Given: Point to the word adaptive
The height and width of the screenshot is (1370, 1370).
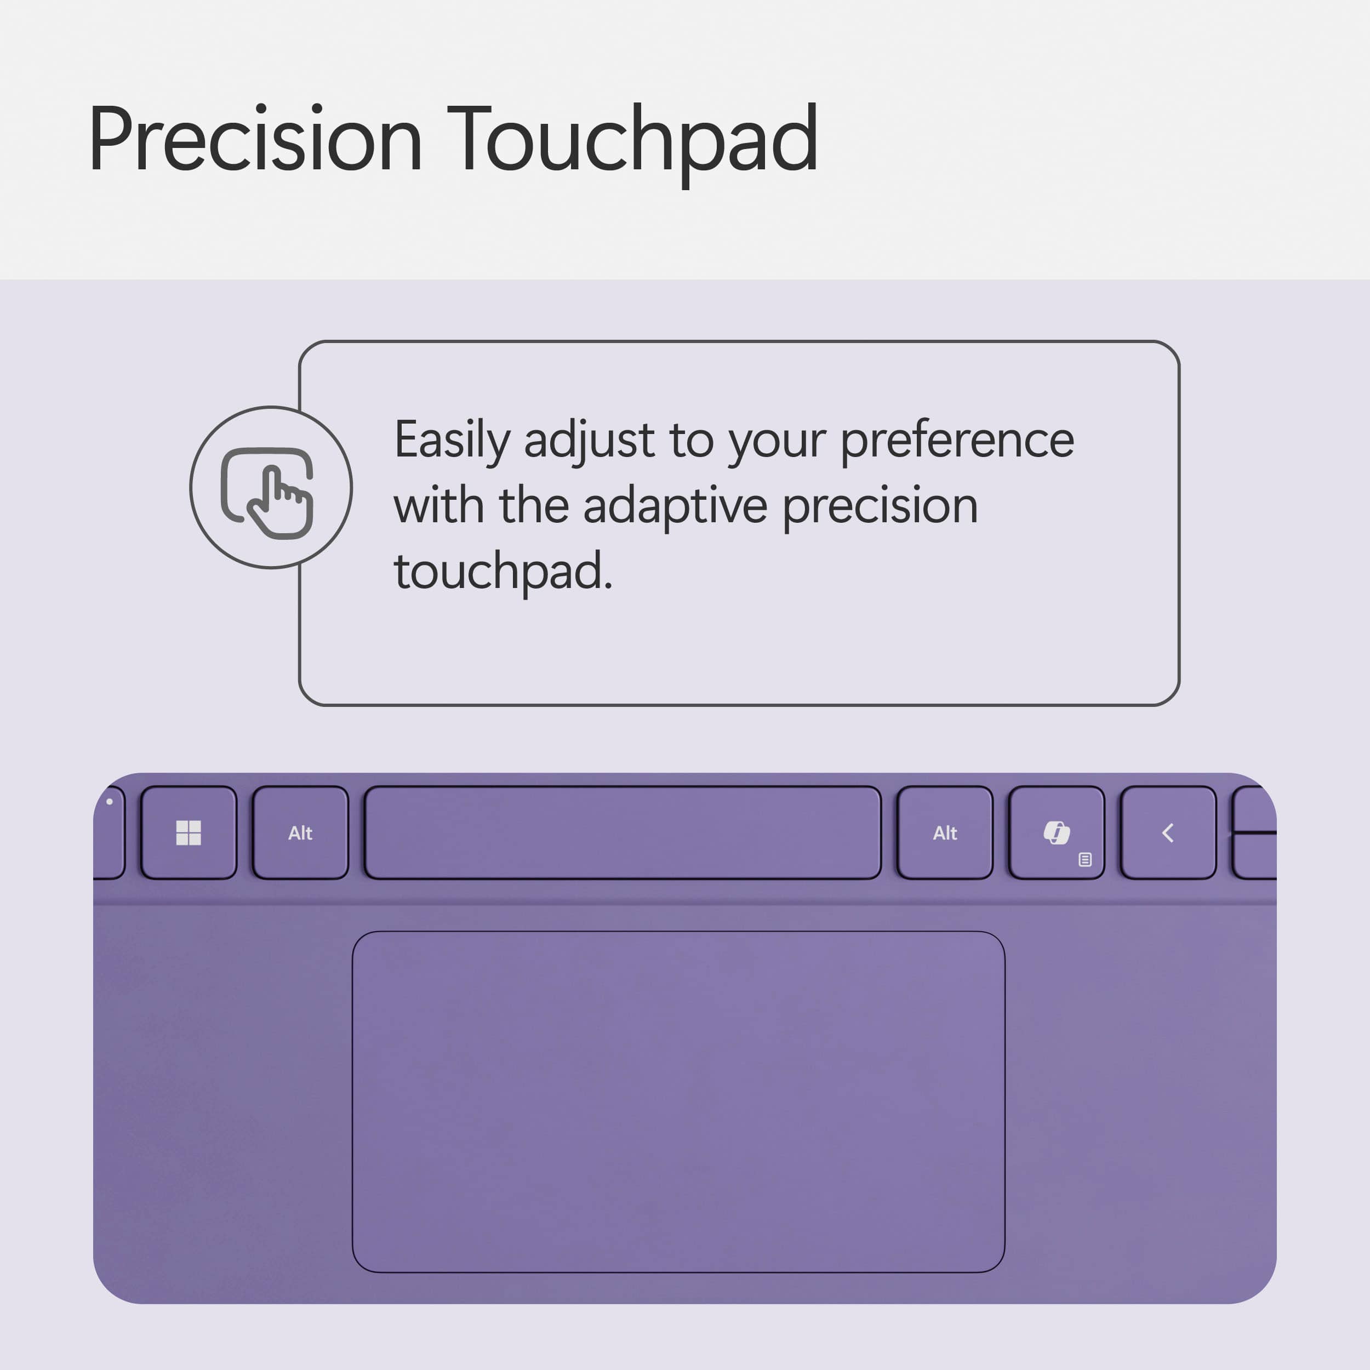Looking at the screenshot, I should (675, 506).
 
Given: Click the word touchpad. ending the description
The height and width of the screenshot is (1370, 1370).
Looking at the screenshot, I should (502, 572).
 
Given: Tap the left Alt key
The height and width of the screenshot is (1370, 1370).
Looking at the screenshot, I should (300, 833).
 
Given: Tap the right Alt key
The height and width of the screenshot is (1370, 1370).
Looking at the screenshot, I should (945, 833).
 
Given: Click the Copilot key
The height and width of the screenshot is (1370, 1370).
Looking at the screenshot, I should (1056, 832).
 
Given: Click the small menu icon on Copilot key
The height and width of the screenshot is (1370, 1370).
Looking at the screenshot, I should (1084, 859).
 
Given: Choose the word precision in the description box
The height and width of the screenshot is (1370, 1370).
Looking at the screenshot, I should (880, 506).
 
